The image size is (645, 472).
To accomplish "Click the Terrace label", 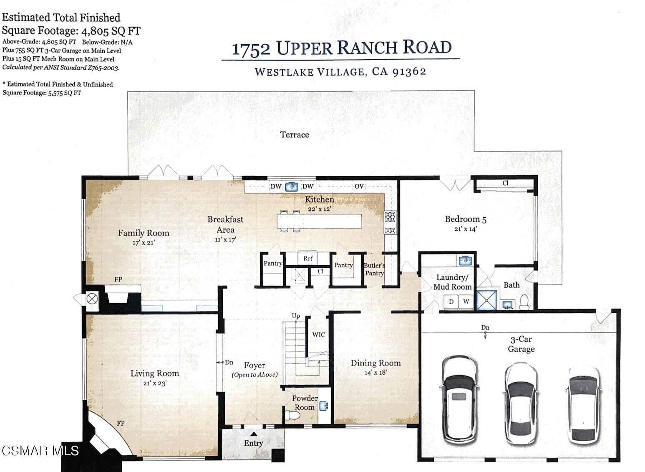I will click(295, 134).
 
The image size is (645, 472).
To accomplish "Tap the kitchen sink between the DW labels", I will click(292, 187).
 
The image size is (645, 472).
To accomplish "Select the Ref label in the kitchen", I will click(308, 259).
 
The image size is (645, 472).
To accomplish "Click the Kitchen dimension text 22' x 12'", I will click(319, 208).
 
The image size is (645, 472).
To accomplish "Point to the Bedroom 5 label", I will click(466, 219).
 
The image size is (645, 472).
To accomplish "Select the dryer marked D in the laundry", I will click(451, 302).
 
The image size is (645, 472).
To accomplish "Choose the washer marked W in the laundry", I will click(466, 302).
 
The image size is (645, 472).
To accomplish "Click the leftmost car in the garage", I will click(459, 400).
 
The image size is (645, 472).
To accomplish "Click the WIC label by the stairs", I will click(318, 335).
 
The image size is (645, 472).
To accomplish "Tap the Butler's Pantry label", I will click(374, 269).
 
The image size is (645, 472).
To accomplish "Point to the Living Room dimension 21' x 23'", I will click(155, 383).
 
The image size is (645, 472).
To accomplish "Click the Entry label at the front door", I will click(253, 443).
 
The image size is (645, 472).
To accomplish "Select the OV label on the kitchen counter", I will click(359, 186).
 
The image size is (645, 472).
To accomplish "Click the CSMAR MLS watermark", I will click(40, 451).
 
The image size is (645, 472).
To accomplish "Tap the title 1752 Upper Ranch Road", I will click(341, 48).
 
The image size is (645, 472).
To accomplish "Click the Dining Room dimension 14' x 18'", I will click(375, 373).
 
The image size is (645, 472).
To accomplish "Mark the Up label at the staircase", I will click(295, 316).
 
